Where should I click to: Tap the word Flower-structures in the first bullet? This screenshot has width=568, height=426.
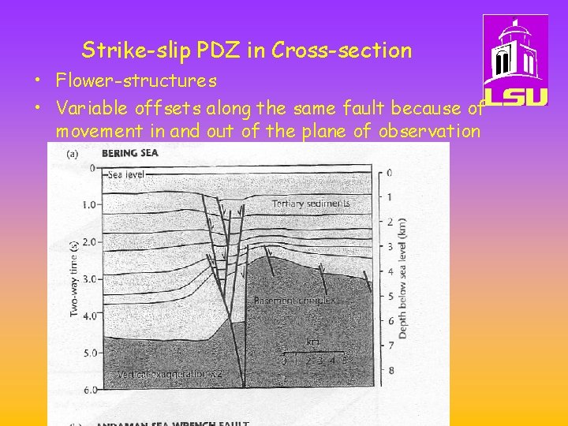[x=136, y=80]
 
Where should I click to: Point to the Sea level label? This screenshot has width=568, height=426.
[x=126, y=174]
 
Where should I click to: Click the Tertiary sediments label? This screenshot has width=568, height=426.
[x=310, y=204]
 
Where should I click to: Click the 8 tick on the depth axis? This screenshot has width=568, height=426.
[x=390, y=370]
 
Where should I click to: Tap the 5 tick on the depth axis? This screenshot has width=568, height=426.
[x=390, y=296]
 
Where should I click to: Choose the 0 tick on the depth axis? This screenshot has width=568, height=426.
[x=390, y=173]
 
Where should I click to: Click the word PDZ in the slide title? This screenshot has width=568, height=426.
[x=218, y=51]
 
